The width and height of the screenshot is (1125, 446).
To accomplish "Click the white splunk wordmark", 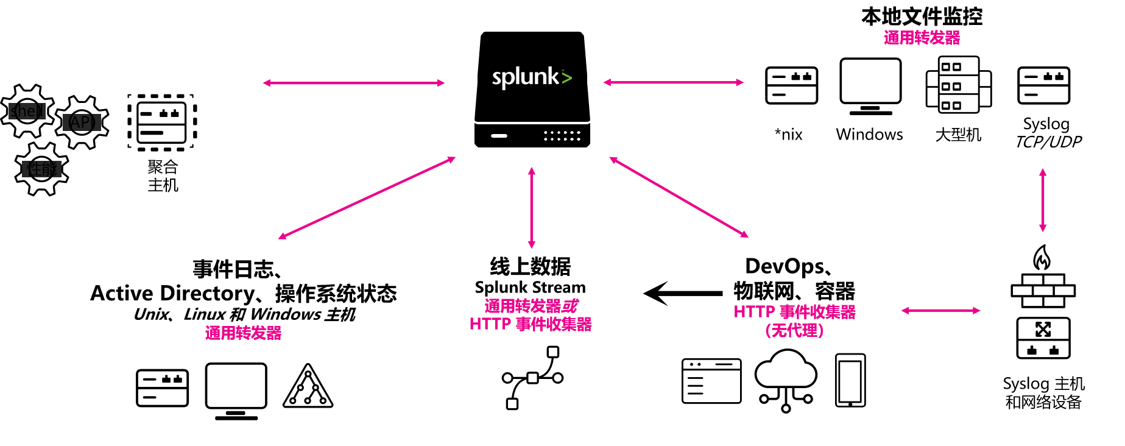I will point(525,77).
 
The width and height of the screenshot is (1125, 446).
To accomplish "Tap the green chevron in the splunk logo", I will point(566,77).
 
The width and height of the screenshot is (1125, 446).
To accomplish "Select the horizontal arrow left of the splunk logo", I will point(353,83).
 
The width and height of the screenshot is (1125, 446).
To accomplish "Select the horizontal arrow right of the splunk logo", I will point(673,82).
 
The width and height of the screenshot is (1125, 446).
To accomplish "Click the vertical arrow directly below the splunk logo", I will point(532,207).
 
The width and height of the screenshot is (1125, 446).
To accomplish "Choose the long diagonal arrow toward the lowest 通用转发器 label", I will point(367,198).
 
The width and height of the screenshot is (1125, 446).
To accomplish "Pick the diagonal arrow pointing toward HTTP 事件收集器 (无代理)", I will point(679,197).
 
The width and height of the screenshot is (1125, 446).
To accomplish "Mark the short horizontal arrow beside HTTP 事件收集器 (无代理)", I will point(940,311).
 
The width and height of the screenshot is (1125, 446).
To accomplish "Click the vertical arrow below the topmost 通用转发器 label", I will point(1043,200).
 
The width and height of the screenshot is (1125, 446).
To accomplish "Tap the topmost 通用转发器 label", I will point(922,38).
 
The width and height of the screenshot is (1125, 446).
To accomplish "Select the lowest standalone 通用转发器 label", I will point(243,333).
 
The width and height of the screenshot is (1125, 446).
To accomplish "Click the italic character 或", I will point(570,306).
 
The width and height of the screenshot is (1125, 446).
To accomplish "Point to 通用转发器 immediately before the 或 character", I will point(523,306).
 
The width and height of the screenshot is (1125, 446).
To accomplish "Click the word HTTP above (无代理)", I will point(754,312).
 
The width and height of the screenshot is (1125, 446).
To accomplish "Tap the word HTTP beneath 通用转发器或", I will point(490,324).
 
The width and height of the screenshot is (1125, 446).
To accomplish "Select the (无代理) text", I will point(795,331).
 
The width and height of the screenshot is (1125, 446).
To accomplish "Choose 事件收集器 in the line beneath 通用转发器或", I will point(554,324).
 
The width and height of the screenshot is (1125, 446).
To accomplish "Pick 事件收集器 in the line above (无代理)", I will point(817,312).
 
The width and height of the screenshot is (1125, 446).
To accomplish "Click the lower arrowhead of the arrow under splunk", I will point(532,245).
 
